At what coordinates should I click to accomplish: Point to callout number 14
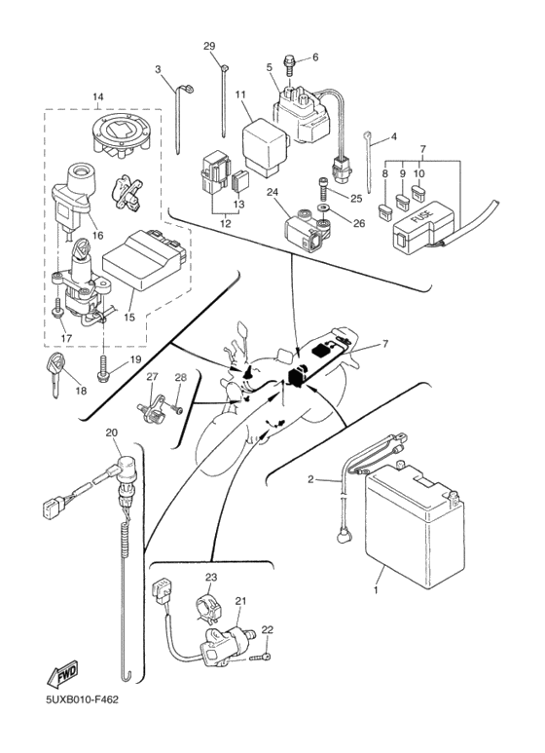pyautogui.click(x=97, y=96)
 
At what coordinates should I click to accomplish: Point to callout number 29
pyautogui.click(x=208, y=47)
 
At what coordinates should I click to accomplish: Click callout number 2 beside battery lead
pyautogui.click(x=310, y=479)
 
